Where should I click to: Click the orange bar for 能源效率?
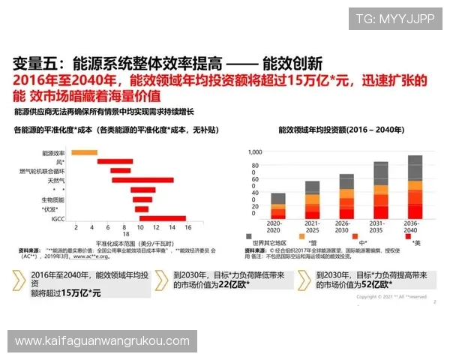[84, 152]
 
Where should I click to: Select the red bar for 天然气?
[131, 180]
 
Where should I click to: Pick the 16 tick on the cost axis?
[187, 227]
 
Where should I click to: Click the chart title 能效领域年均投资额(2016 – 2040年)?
[335, 129]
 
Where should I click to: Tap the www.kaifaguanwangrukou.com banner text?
[102, 341]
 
